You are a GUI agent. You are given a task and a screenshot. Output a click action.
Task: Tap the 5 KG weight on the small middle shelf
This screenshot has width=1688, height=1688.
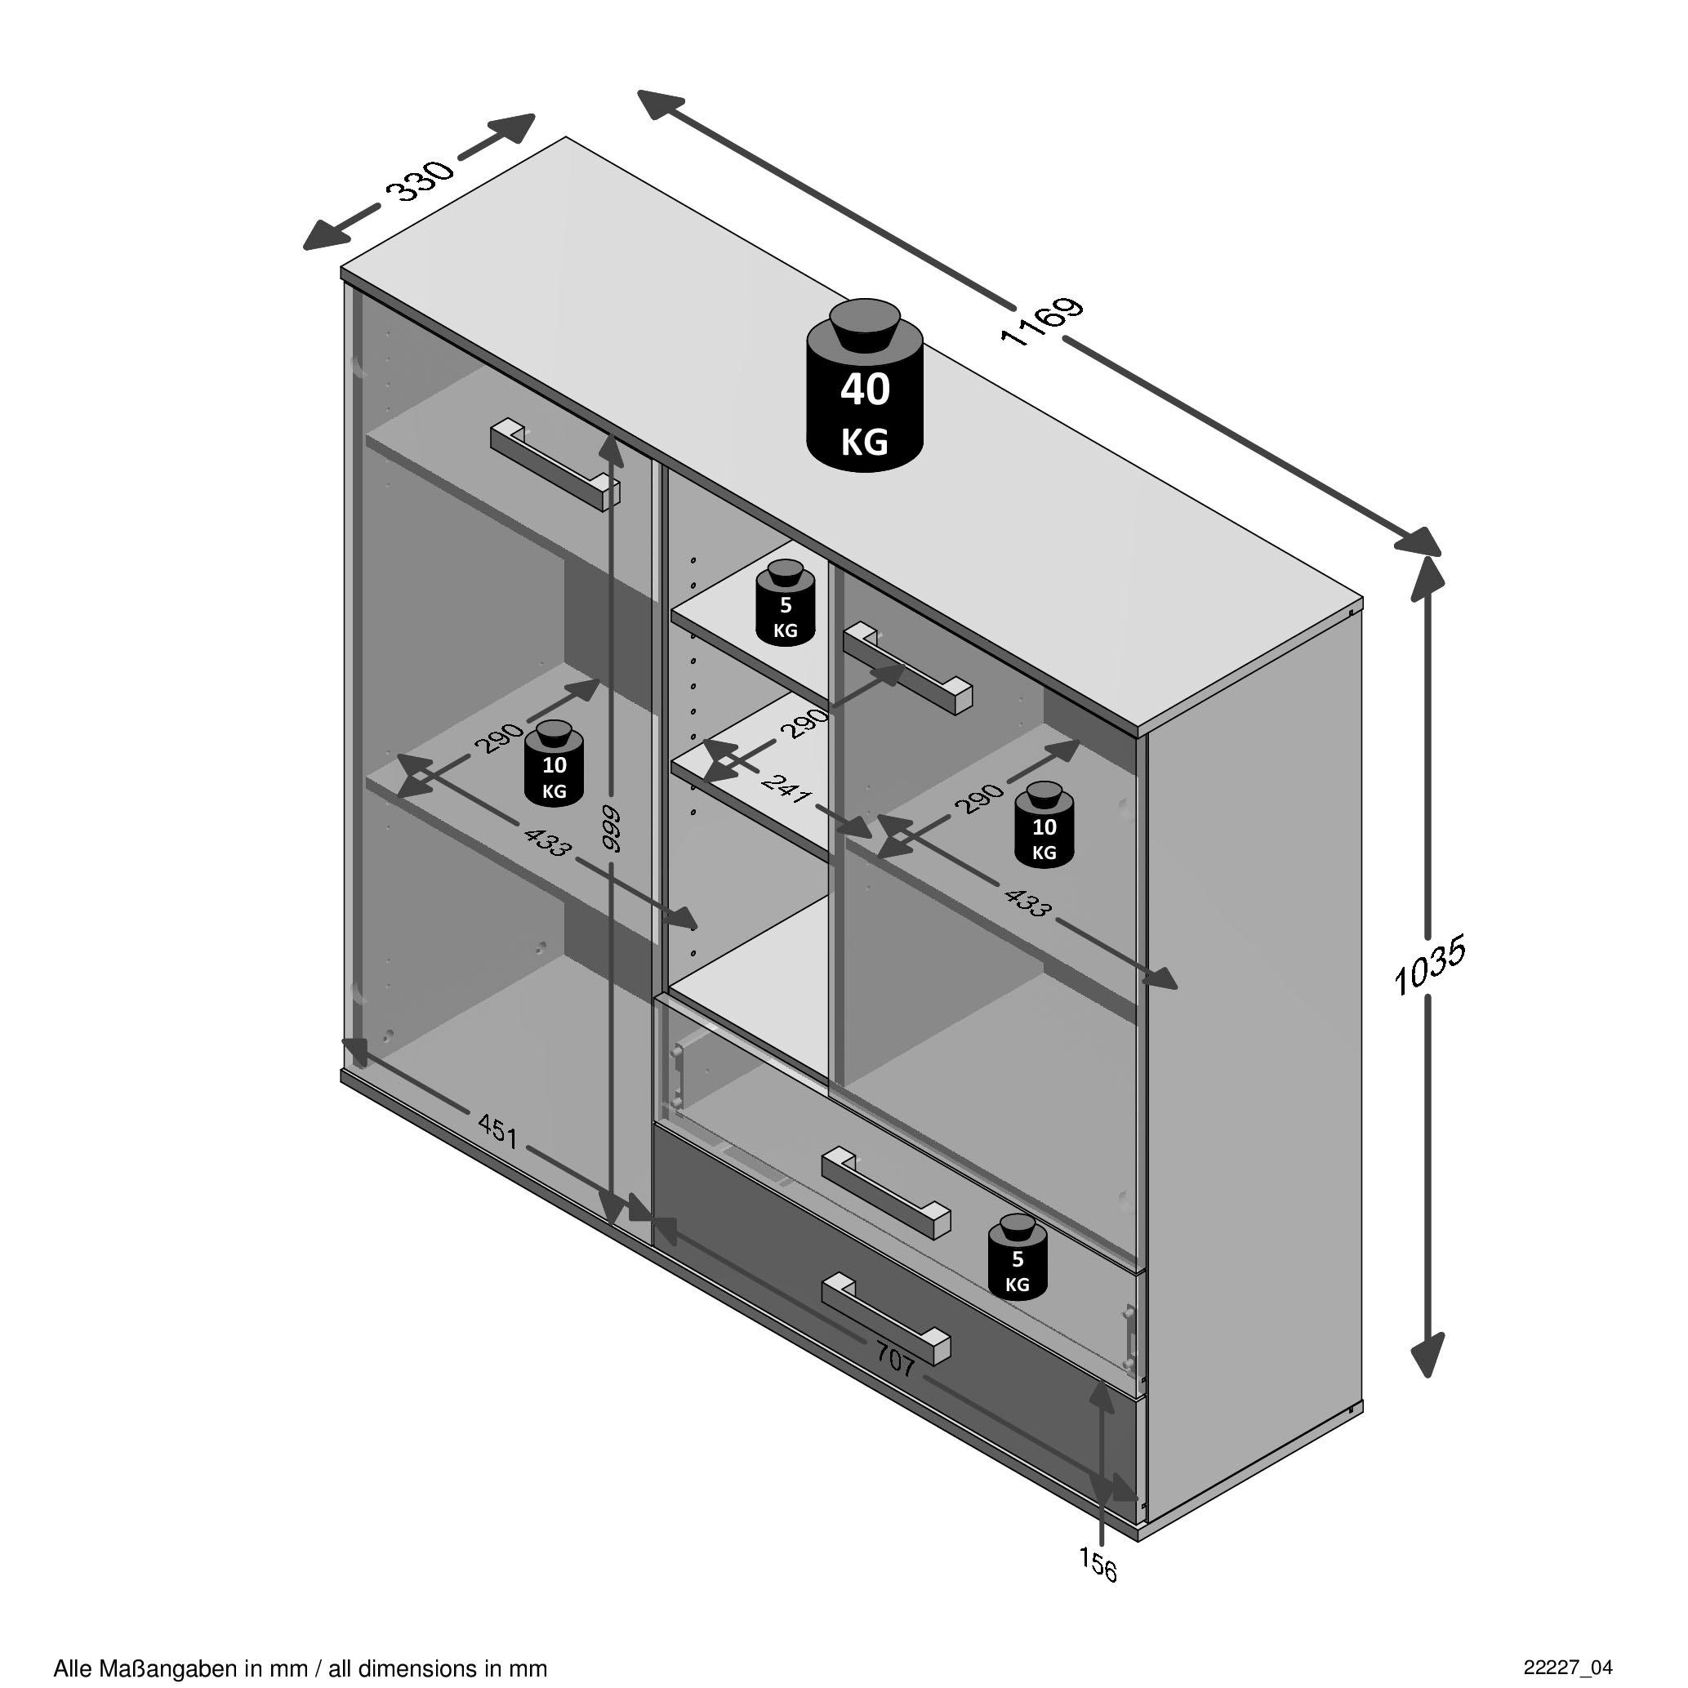click(x=785, y=604)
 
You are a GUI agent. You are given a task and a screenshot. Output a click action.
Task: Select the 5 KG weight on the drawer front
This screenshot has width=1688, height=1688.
click(x=1017, y=1258)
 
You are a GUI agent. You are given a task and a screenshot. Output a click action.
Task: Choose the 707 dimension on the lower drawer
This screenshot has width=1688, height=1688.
click(x=895, y=1361)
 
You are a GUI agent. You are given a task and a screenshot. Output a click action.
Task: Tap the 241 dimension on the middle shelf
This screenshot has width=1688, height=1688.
click(x=786, y=788)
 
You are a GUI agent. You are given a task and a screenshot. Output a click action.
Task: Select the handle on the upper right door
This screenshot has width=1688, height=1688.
click(x=908, y=668)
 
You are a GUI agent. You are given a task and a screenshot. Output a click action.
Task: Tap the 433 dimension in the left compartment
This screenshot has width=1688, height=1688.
click(x=548, y=842)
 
